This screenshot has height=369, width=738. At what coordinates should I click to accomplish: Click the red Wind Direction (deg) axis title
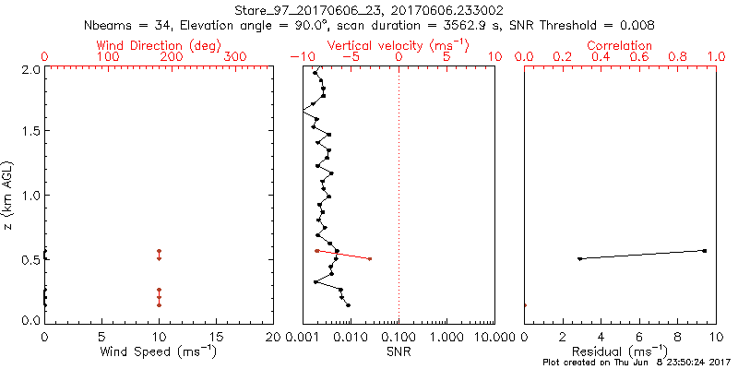point(159,45)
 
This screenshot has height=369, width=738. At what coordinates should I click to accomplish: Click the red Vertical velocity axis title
point(399,45)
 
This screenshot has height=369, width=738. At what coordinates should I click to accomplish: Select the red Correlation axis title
point(620,45)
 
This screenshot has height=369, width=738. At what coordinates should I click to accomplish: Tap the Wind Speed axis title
point(159,351)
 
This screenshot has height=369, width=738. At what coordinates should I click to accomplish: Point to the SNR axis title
point(399,351)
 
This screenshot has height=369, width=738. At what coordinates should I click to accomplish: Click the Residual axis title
point(620,351)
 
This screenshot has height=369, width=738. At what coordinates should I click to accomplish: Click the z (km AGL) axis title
point(9,194)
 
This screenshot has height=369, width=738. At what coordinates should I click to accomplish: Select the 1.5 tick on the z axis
point(30,131)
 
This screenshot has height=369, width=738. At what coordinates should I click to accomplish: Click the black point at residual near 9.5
point(705,250)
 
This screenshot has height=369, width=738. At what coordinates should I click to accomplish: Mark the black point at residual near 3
point(579,258)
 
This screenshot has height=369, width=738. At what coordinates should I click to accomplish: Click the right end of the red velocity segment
point(370,258)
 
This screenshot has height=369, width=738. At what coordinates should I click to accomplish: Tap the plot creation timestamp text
point(637,363)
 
